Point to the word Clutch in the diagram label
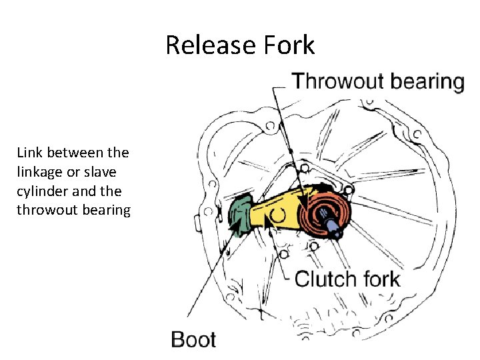coord(325,278)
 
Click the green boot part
coord(238,213)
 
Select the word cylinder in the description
coord(40,191)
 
